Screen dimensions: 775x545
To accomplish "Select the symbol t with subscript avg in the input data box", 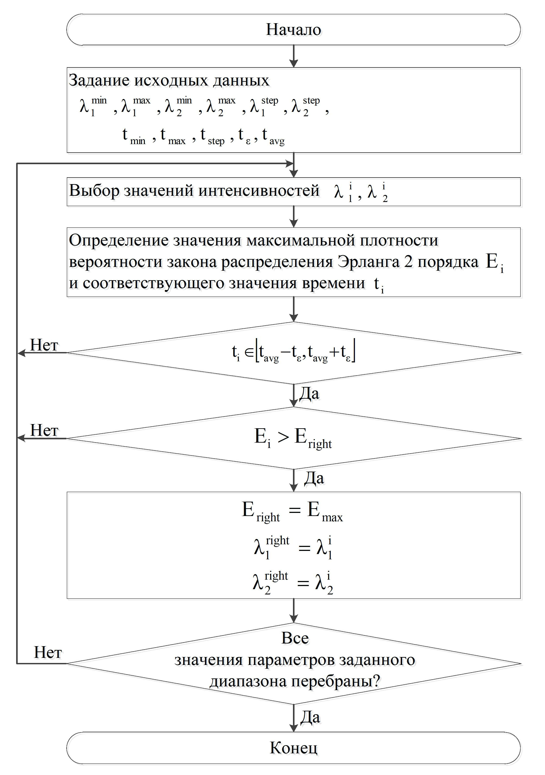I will pos(273,136).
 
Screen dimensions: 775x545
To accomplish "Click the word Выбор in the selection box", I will pos(94,191).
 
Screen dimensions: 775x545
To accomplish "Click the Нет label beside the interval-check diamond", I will pos(44,345).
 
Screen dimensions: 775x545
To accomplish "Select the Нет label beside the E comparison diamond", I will pos(44,430).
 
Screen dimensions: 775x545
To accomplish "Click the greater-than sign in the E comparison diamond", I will pos(283,437).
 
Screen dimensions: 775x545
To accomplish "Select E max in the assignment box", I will pos(324,511).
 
